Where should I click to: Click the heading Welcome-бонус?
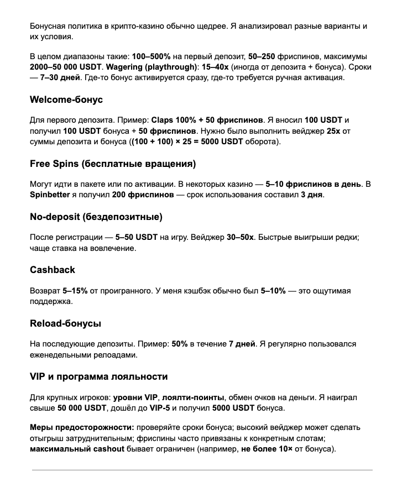click(66, 100)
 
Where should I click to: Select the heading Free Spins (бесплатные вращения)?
click(113, 164)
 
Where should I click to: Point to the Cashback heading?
click(53, 270)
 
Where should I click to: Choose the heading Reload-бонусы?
click(65, 323)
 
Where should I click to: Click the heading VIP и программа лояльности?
click(99, 376)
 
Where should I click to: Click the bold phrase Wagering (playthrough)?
click(152, 67)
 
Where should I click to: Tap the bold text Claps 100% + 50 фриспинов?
click(207, 120)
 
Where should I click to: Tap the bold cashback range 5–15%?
click(75, 291)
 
